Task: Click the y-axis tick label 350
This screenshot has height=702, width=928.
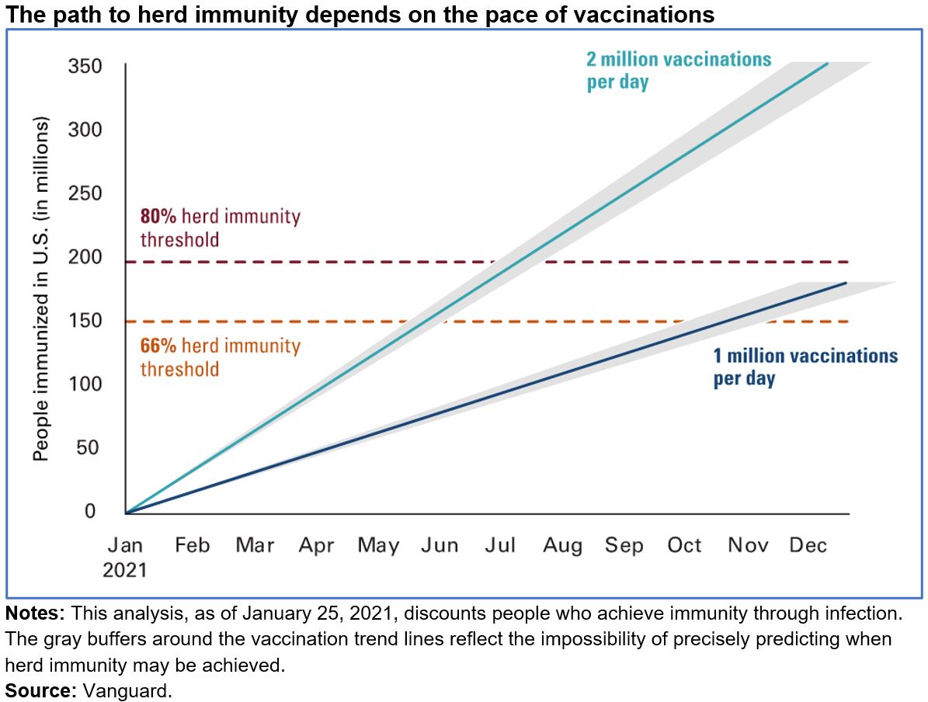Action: coord(86,67)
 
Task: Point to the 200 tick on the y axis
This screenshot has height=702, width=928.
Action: coord(86,258)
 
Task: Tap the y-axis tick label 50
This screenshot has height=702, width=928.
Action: coord(91,448)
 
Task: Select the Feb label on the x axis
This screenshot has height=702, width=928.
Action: coord(192,546)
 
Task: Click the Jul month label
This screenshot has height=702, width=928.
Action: coord(500,546)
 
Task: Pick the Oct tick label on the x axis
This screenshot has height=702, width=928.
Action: coord(684,546)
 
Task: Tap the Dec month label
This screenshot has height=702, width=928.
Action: coord(808,546)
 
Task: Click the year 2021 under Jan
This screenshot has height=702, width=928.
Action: coord(125,570)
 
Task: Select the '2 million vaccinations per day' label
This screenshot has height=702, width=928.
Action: coord(678,71)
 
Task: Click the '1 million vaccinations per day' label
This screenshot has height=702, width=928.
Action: coord(805,367)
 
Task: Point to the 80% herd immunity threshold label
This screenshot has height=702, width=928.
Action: coord(220,228)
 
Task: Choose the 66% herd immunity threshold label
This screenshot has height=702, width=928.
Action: coord(220,356)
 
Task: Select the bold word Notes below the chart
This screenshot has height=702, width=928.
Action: coord(33,613)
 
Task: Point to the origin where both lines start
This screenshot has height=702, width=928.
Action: coord(126,513)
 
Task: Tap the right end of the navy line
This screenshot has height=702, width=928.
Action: coord(845,283)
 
